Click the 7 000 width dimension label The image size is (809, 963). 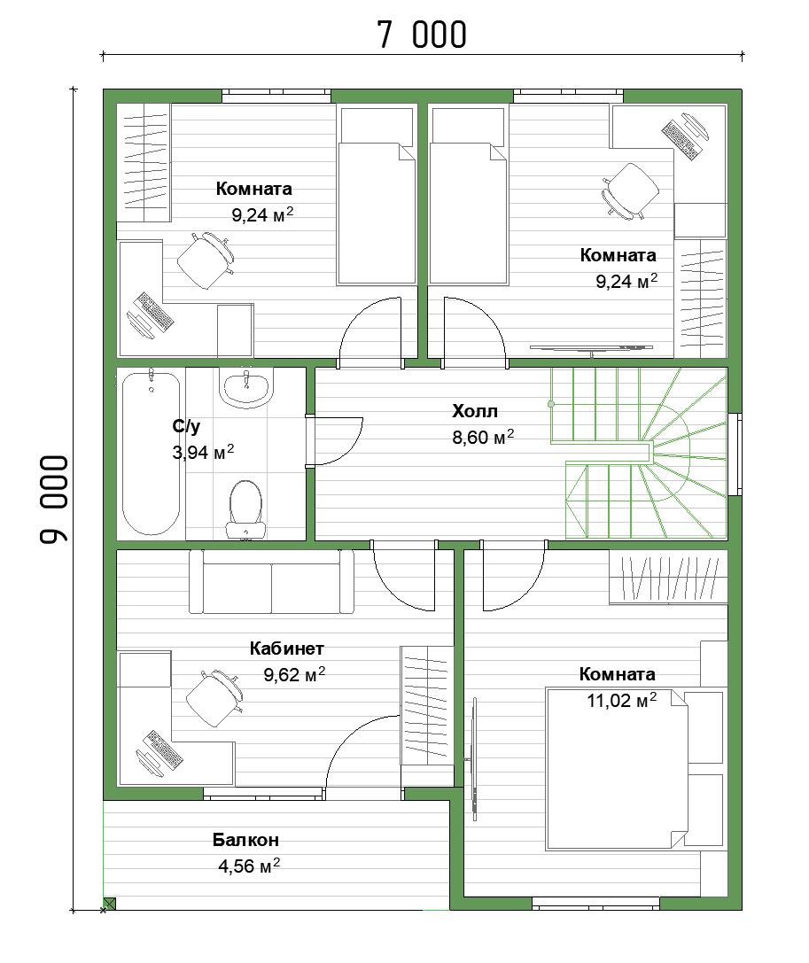pyautogui.click(x=422, y=35)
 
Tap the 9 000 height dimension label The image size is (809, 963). pyautogui.click(x=54, y=499)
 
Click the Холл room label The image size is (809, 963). pyautogui.click(x=475, y=411)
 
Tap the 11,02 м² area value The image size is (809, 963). pyautogui.click(x=622, y=700)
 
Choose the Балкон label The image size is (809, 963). pyautogui.click(x=245, y=839)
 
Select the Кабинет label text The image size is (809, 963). pyautogui.click(x=287, y=648)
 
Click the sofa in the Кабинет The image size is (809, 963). pyautogui.click(x=271, y=581)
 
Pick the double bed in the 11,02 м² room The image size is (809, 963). pyautogui.click(x=634, y=770)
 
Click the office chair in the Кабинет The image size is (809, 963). pyautogui.click(x=214, y=698)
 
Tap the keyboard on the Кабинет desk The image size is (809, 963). pyautogui.click(x=163, y=749)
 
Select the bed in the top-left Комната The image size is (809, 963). pyautogui.click(x=377, y=196)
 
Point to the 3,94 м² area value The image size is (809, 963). pyautogui.click(x=203, y=453)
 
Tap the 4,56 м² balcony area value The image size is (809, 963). pyautogui.click(x=249, y=866)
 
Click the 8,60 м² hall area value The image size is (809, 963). pyautogui.click(x=483, y=438)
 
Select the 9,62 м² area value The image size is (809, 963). pyautogui.click(x=294, y=674)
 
